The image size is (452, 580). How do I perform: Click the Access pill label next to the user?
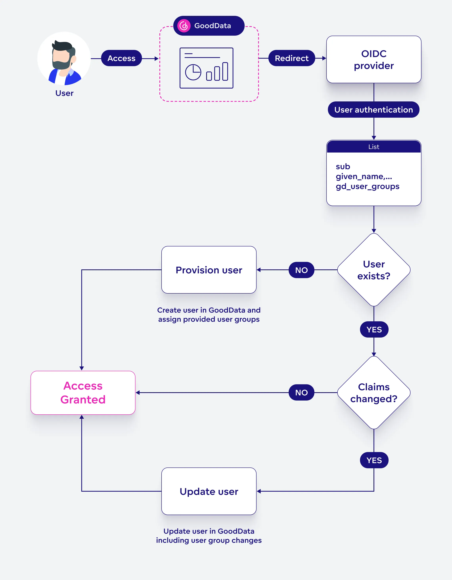coord(122,58)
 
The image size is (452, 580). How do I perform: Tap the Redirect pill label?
coord(291,58)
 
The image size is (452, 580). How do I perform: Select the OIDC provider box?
coord(374,59)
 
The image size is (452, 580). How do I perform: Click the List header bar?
coord(374,147)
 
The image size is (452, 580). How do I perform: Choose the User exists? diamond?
coord(374,270)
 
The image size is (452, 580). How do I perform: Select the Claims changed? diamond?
coord(374,392)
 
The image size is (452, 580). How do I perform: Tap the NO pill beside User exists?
coord(301,270)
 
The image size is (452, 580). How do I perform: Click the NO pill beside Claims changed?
coord(301,392)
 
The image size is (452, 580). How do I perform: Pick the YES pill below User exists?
coord(374,330)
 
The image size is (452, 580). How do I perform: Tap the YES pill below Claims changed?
coord(374,460)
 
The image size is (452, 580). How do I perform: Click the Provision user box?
coord(209,270)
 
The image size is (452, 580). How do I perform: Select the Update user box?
coord(209,491)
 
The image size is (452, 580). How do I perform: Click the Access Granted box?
coord(83,392)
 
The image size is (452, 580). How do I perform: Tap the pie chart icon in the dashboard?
coord(193,72)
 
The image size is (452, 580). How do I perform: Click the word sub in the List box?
coord(343,167)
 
